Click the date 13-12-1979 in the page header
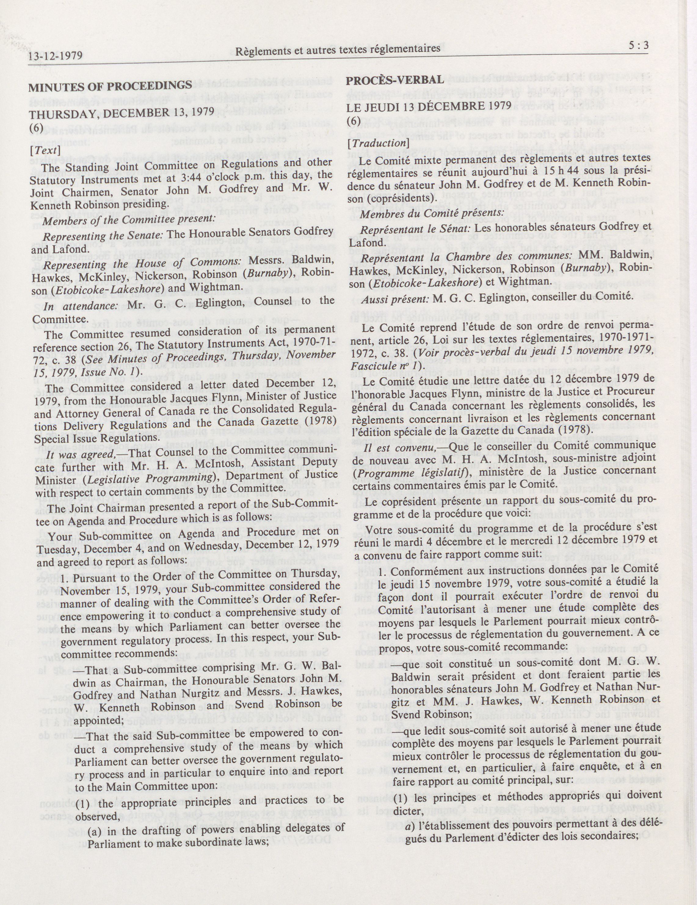click(56, 55)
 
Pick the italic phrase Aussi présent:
click(395, 296)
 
